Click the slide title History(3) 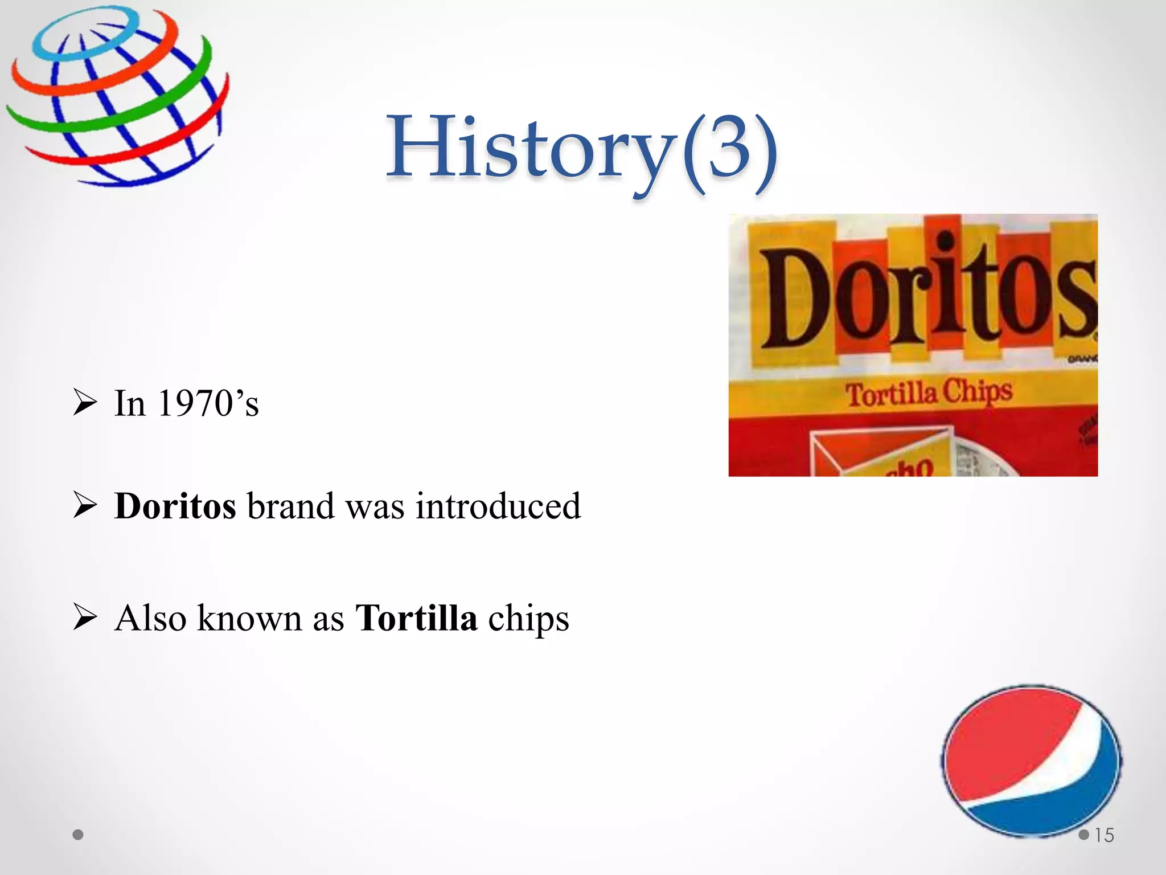point(582,149)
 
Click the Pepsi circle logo point(1031,761)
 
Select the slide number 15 point(1104,835)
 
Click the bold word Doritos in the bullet point(175,506)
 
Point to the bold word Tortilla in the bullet point(416,618)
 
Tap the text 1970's point(208,403)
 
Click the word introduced point(498,506)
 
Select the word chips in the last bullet point(528,620)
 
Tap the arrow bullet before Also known point(85,618)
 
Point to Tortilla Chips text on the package point(929,392)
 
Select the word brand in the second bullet point(290,506)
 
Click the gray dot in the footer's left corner point(79,835)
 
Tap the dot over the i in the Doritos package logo point(945,241)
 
